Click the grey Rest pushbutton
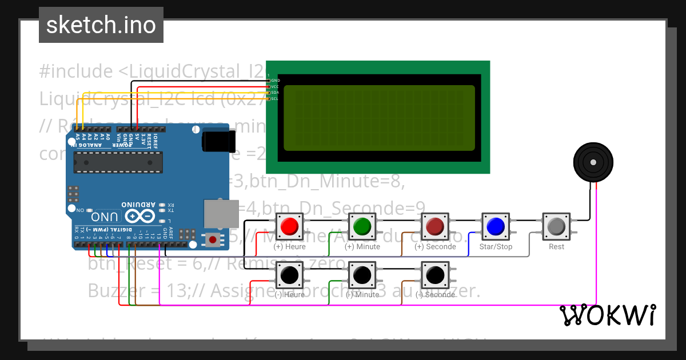[556, 227]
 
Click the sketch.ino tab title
[101, 25]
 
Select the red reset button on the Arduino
[213, 239]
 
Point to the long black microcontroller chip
[118, 162]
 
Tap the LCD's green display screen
[379, 118]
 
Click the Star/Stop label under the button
[497, 247]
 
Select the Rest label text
[556, 247]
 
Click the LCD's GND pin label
[275, 81]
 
